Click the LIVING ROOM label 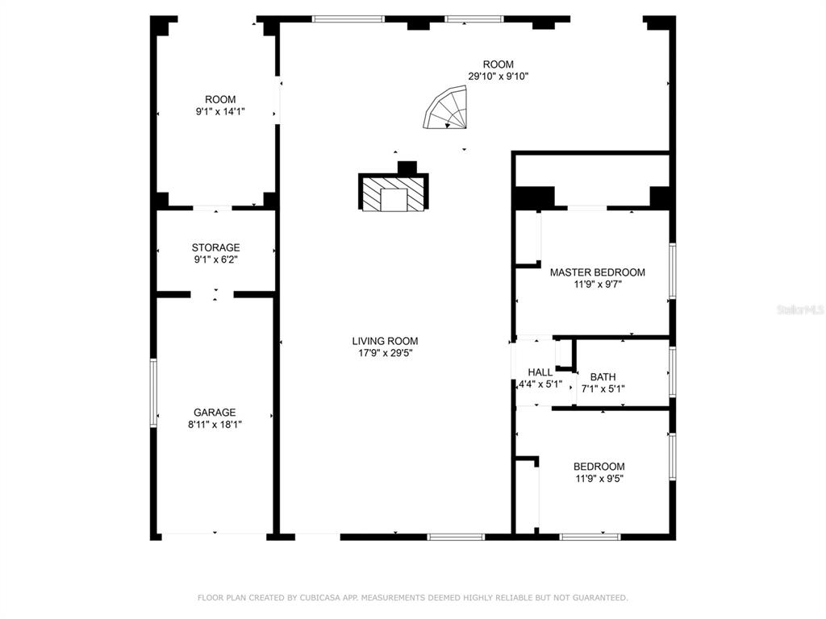tap(385, 341)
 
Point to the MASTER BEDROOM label tap(598, 272)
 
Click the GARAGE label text tap(215, 413)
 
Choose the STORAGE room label tap(215, 247)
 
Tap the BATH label tap(603, 377)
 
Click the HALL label tap(540, 372)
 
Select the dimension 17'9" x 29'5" tap(385, 353)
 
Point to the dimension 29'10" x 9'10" tap(499, 77)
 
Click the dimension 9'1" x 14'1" tap(220, 111)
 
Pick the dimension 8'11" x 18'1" tap(215, 425)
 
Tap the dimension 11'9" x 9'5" tap(599, 479)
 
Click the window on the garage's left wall tap(153, 393)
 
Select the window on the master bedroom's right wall tap(673, 271)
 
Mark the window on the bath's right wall tap(673, 372)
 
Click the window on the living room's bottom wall tap(456, 538)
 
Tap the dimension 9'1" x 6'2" tap(215, 260)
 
